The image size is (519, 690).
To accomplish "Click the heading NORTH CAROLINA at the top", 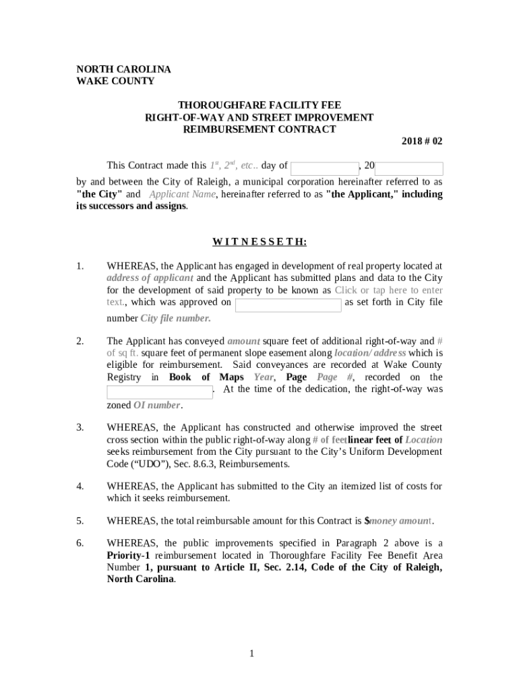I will pos(123,69).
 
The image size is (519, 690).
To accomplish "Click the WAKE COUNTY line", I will pos(115,82).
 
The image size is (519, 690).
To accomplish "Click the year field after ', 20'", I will pos(409,168).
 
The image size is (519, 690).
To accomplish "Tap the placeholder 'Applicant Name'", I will pos(182,195).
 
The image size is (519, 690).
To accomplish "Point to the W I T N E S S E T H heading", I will pos(259,242).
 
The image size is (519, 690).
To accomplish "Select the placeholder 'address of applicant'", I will pos(150,278).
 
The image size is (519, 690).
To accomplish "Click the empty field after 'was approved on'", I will pos(288,305).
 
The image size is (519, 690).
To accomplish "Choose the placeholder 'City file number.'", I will pos(175,319).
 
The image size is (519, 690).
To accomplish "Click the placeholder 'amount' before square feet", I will pos(243,342).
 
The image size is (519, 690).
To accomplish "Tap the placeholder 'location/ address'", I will pos(370,354).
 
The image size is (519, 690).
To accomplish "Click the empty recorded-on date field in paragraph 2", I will pos(160,392).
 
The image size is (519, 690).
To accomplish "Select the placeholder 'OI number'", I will pos(156,406).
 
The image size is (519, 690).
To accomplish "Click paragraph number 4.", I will pos(80,487).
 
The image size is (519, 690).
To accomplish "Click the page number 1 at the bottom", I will pos(250,654).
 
